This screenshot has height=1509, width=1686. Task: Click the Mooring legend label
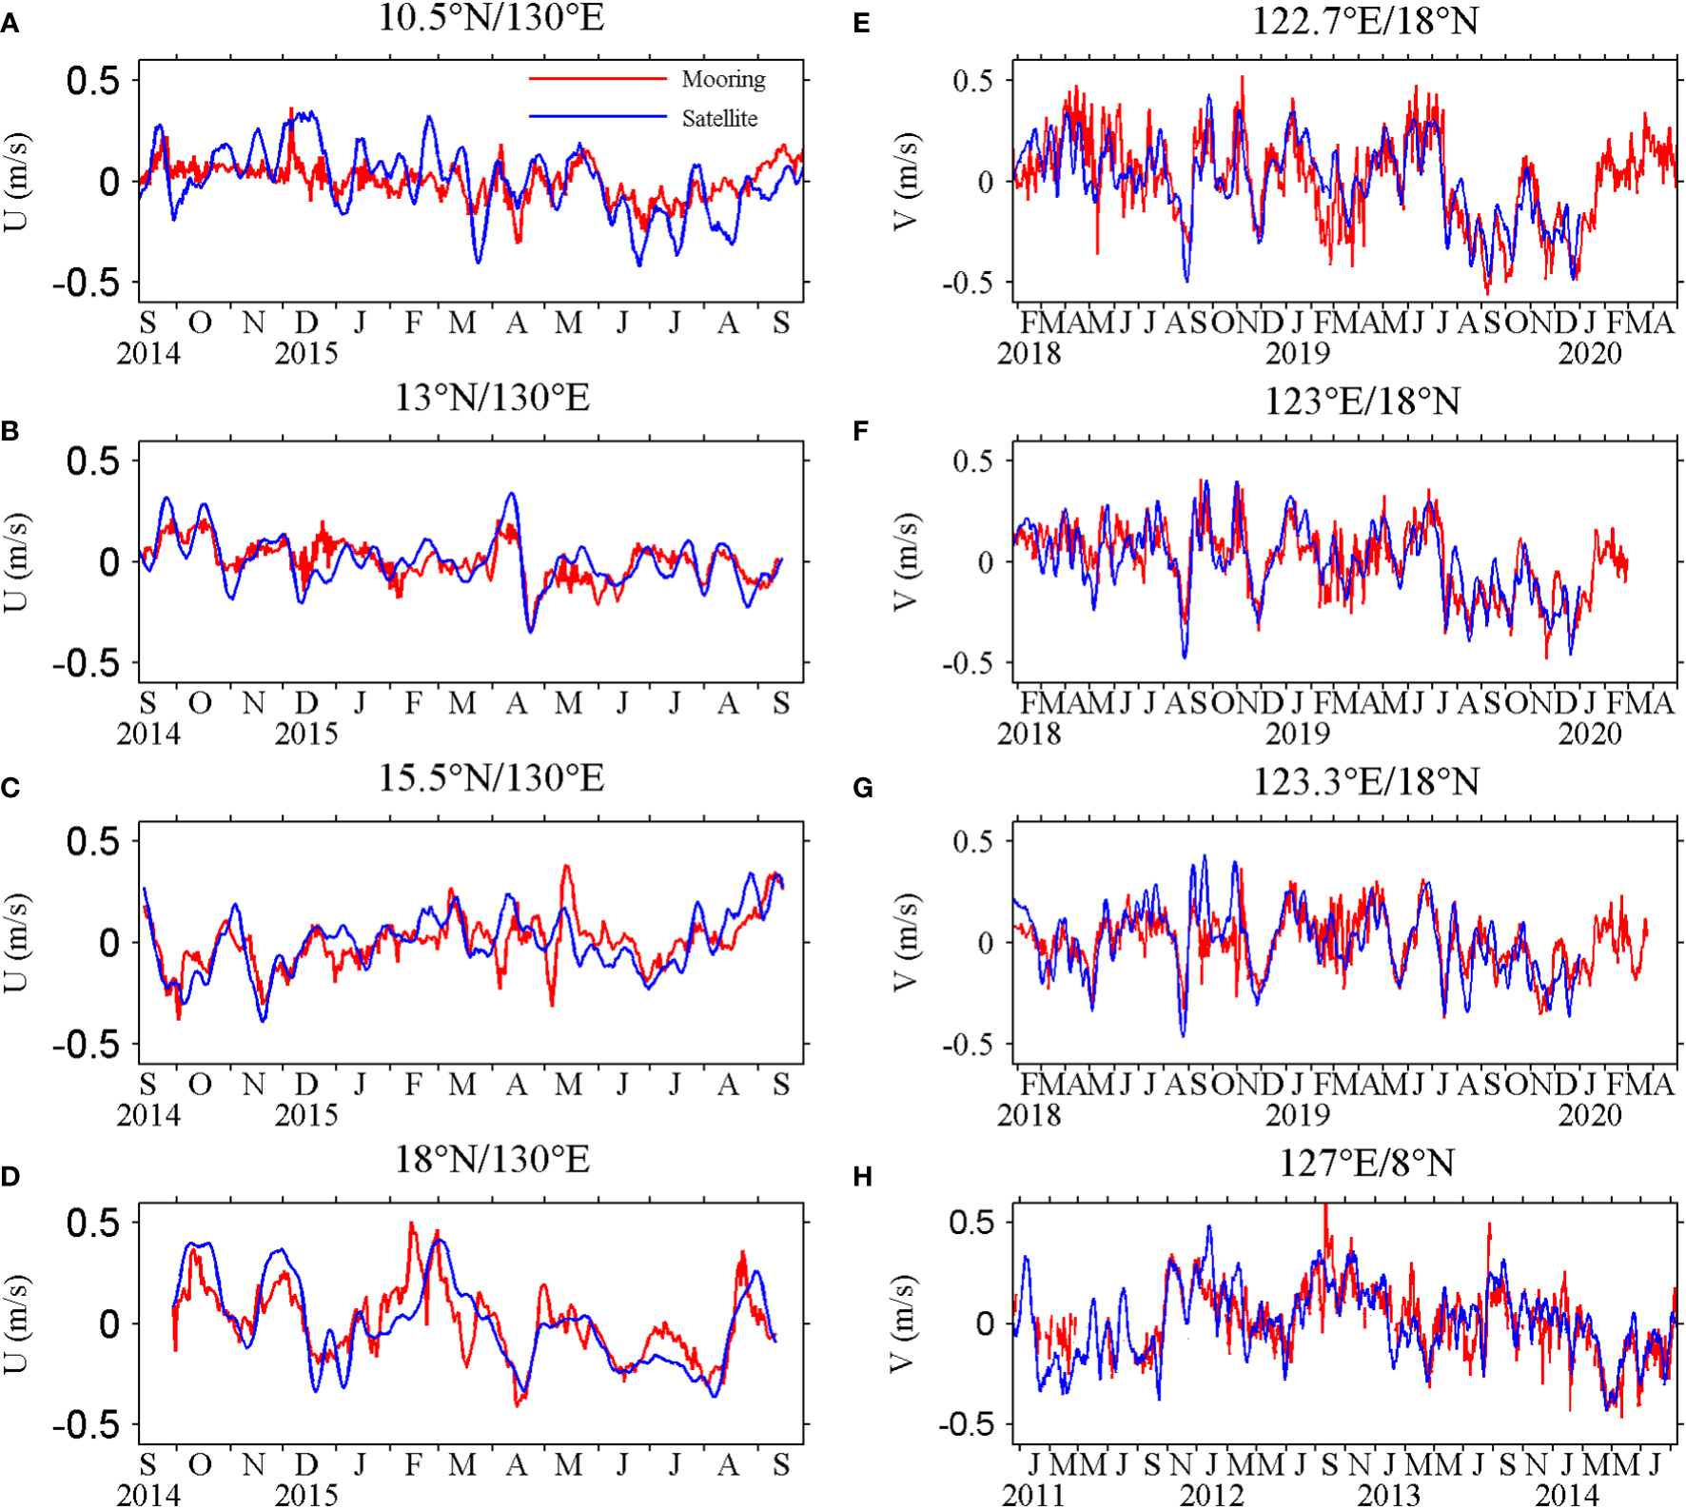723,80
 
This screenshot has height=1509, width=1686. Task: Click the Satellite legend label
719,119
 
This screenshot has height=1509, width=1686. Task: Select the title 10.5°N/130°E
491,18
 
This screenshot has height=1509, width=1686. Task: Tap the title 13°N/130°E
491,398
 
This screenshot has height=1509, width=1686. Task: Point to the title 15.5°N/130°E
491,778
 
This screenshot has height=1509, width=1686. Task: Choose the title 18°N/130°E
491,1159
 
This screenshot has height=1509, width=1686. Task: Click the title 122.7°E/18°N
1364,20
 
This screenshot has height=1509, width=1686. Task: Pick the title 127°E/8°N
1366,1163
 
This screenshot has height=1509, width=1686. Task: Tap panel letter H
863,1178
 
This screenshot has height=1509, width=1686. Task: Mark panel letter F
861,432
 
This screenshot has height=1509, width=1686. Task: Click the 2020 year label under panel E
1589,354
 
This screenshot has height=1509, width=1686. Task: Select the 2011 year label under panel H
1033,1495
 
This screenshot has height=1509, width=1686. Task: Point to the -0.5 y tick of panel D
86,1425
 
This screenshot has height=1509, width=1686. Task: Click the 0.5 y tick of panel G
972,841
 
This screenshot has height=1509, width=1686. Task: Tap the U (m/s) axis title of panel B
16,561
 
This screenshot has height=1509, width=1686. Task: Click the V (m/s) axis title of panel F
906,561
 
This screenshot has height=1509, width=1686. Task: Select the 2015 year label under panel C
306,1114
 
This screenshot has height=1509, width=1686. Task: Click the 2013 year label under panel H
1388,1495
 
